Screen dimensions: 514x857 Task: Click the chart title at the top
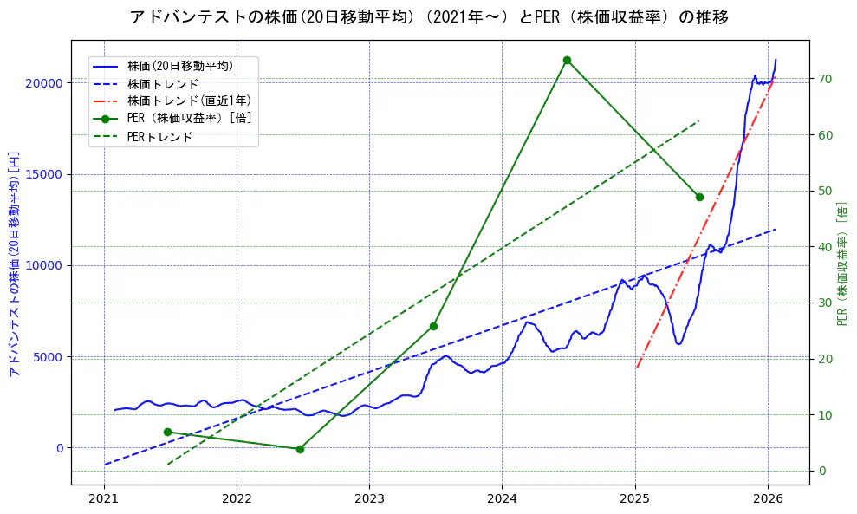428,17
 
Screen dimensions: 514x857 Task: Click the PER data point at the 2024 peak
567,60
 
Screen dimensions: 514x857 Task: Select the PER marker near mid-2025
699,197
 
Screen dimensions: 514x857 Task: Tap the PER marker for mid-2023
433,326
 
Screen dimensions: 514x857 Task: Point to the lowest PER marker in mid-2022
300,449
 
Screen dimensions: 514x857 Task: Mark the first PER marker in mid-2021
167,432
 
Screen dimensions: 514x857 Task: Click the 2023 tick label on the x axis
369,499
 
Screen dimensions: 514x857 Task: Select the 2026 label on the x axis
768,499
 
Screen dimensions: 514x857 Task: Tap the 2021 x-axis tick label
104,499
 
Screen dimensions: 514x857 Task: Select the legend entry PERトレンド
159,136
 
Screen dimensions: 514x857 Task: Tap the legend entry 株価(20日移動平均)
179,65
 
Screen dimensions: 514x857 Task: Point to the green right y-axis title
842,264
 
